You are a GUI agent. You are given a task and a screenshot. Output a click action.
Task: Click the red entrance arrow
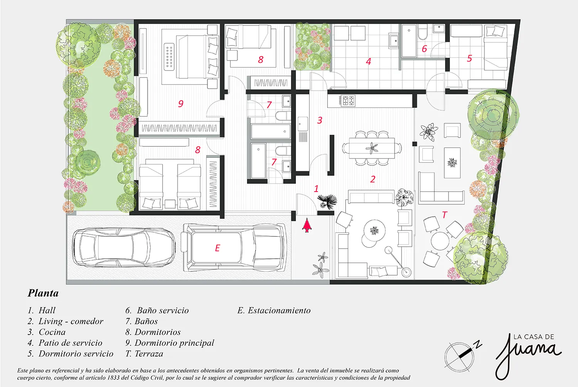point(307,225)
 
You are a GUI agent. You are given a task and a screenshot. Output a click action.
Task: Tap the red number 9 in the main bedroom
point(181,104)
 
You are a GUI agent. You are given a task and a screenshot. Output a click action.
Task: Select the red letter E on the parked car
point(218,248)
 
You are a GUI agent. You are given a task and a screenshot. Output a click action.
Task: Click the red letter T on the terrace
point(444,215)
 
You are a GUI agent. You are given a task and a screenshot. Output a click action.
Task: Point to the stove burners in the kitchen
point(348,101)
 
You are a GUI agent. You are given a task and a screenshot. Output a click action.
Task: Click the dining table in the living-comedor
point(372,148)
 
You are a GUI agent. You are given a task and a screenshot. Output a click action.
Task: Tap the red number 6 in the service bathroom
point(424,49)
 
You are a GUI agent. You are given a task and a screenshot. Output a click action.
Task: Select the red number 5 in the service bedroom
point(469,58)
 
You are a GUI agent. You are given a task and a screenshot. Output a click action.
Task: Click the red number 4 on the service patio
point(368,61)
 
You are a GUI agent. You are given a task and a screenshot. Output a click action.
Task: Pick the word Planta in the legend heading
point(43,293)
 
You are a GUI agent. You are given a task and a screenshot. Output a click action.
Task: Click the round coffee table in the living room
point(375,230)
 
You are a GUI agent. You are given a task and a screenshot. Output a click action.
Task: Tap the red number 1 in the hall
point(316,189)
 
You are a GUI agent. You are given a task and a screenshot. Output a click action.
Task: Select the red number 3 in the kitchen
point(320,120)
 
